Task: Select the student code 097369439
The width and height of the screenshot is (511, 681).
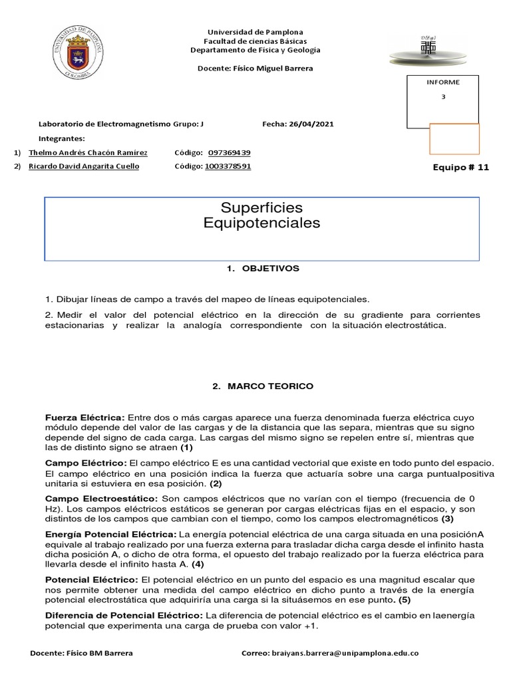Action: pos(229,152)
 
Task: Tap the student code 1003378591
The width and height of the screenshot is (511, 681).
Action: pos(228,166)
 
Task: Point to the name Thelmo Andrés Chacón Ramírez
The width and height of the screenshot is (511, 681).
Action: pos(88,152)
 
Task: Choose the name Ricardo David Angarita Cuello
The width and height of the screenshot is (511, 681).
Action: pos(84,166)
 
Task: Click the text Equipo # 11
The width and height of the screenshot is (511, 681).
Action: pos(461,168)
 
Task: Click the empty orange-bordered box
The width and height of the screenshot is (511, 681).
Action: pos(454,139)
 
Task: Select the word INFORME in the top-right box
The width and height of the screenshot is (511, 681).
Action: pos(443,82)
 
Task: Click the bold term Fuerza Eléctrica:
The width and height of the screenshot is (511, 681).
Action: pos(85,417)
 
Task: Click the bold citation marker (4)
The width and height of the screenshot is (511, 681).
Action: pos(198,564)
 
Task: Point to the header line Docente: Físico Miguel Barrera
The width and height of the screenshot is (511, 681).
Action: pos(255,68)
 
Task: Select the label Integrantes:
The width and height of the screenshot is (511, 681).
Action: pos(62,138)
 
